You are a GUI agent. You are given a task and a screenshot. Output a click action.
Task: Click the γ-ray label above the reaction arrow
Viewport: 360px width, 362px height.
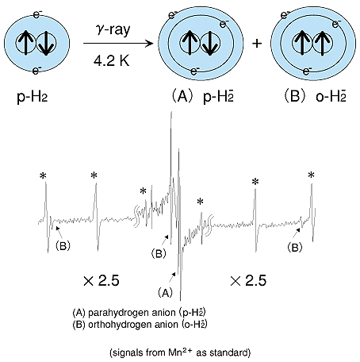pos(113,29)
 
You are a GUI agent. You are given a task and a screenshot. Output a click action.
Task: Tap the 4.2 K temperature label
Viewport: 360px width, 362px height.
pos(112,60)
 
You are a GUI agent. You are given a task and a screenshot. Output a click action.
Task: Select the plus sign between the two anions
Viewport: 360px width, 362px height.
pos(257,43)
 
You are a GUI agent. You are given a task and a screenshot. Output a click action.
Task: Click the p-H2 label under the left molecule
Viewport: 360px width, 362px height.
pos(33,98)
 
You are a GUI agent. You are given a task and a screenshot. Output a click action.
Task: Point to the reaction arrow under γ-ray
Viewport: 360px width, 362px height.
pos(118,43)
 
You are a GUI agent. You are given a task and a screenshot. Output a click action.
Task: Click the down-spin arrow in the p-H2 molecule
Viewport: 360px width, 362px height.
pos(46,43)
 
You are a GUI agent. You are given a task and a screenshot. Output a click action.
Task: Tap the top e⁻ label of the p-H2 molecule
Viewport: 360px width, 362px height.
pos(37,13)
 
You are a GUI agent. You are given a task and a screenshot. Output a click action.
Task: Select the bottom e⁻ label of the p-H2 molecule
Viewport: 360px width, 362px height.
pos(36,71)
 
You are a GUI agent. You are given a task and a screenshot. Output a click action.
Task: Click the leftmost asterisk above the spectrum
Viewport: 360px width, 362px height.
pos(43,175)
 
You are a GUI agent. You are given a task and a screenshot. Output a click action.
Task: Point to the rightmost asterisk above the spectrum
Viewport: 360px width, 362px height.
pos(312,175)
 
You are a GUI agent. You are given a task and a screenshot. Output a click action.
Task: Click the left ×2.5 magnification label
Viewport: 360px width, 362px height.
pos(101,280)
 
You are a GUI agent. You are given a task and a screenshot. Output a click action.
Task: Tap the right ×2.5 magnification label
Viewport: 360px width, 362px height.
pos(248,280)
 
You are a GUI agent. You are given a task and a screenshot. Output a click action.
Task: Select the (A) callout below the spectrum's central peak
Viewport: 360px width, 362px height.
pos(165,293)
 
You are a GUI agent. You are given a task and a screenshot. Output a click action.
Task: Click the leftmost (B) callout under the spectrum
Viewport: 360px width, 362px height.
pos(63,246)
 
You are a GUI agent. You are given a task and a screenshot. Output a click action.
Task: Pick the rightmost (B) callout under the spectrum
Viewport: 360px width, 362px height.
pos(295,248)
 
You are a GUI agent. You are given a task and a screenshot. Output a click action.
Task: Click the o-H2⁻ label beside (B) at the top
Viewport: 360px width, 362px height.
pos(331,97)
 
